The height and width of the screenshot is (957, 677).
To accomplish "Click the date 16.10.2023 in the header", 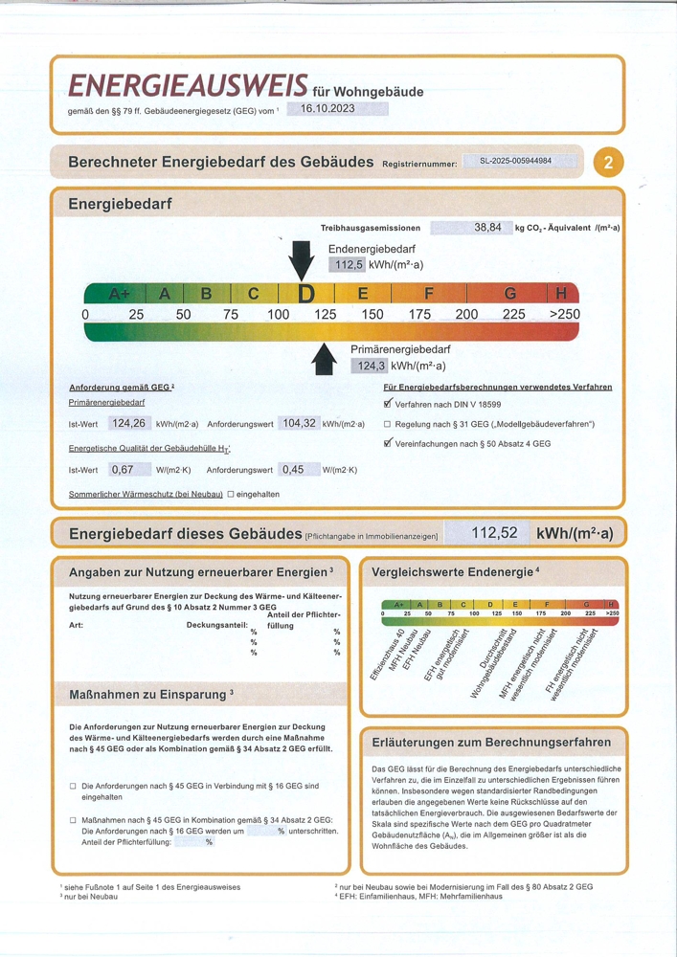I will [327, 109].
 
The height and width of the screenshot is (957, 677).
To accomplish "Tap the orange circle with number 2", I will [607, 163].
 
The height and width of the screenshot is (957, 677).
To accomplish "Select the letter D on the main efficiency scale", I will [305, 294].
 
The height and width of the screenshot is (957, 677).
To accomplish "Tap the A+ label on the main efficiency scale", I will [120, 294].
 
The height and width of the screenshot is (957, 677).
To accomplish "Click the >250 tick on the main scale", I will [563, 314].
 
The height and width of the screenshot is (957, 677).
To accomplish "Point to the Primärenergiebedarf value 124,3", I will [371, 366].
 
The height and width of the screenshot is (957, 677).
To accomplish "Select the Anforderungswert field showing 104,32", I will [297, 423].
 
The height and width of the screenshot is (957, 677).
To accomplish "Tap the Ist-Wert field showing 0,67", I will [123, 469].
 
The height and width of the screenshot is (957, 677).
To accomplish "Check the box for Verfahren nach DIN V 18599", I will [388, 404].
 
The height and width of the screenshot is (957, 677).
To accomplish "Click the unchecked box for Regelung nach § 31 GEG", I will [387, 424].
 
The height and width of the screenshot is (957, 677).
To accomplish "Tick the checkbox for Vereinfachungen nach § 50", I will [388, 443].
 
